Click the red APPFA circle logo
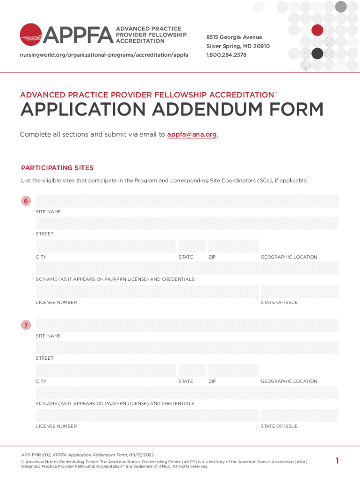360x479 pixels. [x=31, y=35]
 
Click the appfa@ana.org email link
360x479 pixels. [x=192, y=135]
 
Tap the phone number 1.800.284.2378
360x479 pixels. [x=226, y=55]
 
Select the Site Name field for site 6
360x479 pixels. [x=187, y=201]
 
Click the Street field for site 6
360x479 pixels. [x=187, y=223]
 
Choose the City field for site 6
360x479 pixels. [x=106, y=246]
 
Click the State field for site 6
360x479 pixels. [x=192, y=246]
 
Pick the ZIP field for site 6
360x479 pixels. [x=233, y=246]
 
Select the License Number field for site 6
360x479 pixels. [x=147, y=291]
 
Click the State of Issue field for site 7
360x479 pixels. [x=299, y=415]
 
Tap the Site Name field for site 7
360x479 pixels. [x=187, y=325]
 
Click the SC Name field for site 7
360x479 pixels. [x=187, y=392]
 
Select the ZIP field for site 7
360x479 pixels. [x=233, y=370]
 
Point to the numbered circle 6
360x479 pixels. [x=26, y=201]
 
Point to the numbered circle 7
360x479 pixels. [x=26, y=325]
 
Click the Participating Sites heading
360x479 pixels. [x=58, y=168]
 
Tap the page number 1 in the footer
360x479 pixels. [x=337, y=461]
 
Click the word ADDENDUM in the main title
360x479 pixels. [x=216, y=110]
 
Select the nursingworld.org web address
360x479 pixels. [x=104, y=55]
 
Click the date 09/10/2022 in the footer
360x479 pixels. [x=142, y=455]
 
